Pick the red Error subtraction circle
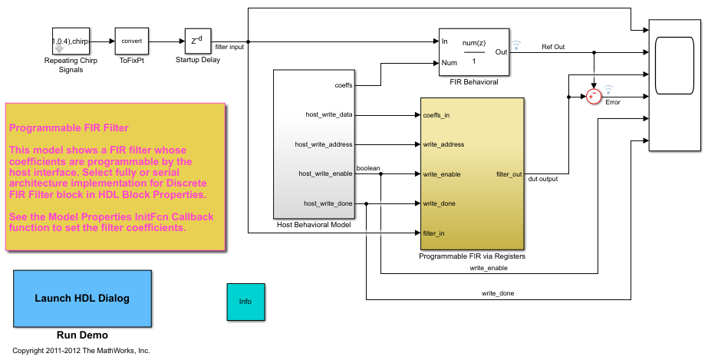tap(594, 95)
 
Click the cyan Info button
tap(245, 302)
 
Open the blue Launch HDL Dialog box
tap(82, 298)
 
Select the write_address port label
tap(443, 144)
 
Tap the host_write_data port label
tap(328, 115)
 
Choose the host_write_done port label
tap(328, 203)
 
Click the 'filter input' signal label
tap(230, 48)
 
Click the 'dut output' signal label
tap(543, 180)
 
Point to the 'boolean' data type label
tap(368, 167)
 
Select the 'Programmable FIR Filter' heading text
tap(69, 127)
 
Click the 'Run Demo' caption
tap(82, 335)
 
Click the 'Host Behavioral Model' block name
tap(313, 225)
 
